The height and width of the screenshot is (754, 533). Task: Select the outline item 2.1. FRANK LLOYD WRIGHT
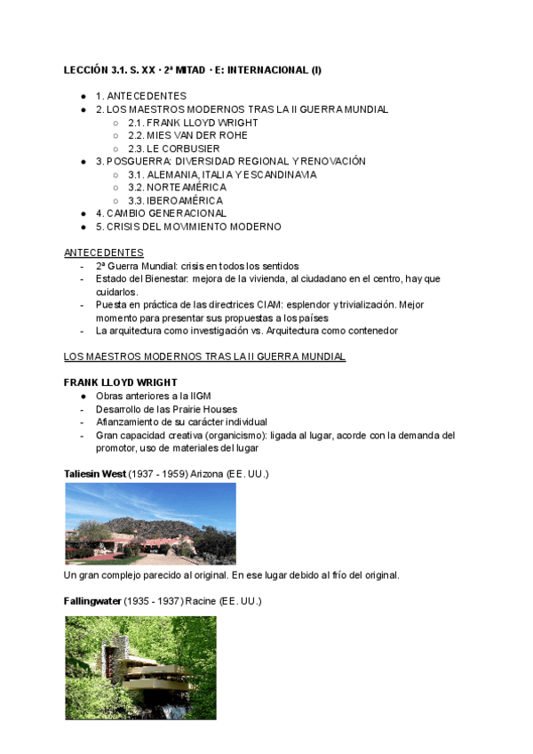click(193, 123)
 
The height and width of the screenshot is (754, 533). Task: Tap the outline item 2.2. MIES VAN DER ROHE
click(187, 135)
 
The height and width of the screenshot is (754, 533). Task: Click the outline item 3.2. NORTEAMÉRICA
click(177, 188)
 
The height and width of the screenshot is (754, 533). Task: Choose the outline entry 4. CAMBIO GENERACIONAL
click(161, 213)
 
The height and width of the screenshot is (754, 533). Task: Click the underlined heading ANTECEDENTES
click(104, 253)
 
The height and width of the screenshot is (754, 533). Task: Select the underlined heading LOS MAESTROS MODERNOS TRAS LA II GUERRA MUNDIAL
click(204, 357)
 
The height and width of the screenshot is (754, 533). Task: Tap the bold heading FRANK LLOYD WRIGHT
click(121, 382)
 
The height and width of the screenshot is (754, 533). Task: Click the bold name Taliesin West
click(95, 474)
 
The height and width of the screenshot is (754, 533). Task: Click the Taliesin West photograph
click(150, 524)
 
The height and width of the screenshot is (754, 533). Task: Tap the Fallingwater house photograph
click(140, 668)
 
